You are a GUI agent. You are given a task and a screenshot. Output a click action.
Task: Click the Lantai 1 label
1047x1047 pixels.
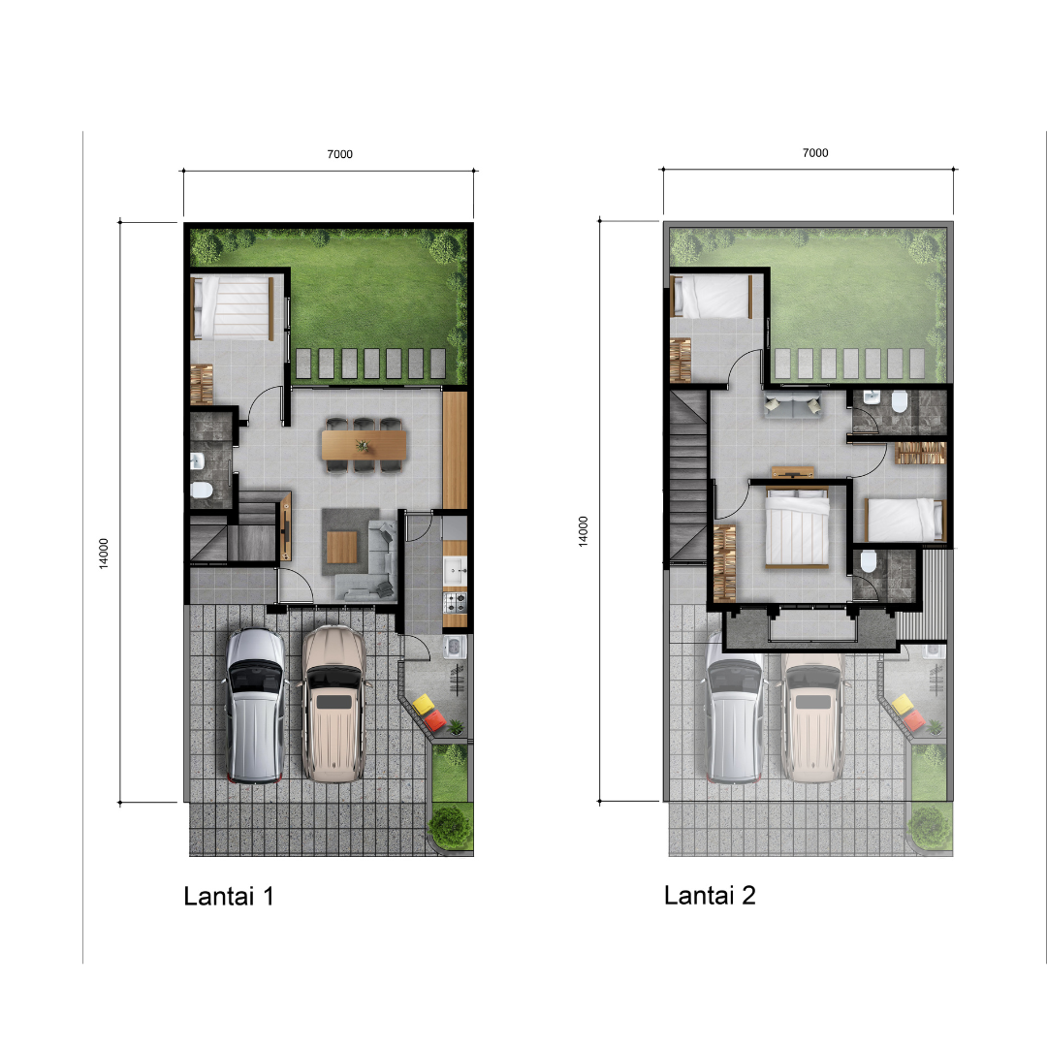[229, 896]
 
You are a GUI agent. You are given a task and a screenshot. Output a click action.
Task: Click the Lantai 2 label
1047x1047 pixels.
[710, 896]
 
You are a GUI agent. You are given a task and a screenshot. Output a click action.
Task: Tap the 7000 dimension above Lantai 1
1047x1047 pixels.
[340, 154]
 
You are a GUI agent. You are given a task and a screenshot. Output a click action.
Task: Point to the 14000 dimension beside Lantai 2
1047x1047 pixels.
[583, 531]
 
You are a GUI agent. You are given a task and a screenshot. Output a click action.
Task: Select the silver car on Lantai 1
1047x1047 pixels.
[255, 705]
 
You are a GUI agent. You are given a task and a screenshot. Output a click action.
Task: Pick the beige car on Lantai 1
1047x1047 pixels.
[333, 704]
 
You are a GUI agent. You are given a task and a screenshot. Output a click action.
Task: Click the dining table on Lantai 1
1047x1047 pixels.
[364, 445]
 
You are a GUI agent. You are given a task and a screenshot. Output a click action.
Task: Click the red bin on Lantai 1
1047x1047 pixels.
[434, 719]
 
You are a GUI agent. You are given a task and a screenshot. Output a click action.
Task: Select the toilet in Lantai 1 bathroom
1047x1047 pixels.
[201, 491]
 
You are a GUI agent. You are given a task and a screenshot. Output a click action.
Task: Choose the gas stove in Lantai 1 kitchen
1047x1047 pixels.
[455, 602]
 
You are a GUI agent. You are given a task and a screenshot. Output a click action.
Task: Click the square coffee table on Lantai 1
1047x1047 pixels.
[342, 546]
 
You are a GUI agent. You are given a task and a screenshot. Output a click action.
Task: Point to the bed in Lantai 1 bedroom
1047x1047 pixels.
[233, 308]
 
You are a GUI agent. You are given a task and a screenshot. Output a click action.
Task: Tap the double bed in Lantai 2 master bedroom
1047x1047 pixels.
[797, 527]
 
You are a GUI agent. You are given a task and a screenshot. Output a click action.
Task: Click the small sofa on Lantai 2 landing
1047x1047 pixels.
[793, 405]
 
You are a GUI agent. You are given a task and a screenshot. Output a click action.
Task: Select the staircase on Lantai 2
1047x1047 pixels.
[688, 476]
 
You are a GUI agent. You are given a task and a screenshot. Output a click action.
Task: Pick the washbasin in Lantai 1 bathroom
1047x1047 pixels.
[196, 460]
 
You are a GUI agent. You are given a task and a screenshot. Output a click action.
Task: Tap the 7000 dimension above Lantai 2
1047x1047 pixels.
[815, 153]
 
